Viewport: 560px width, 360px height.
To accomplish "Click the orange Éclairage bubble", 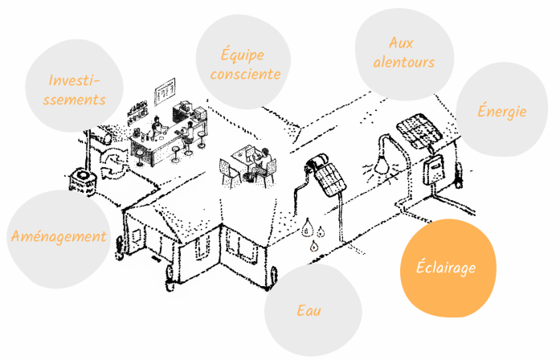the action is pos(448,268).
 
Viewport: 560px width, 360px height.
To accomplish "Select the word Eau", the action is pos(309,310).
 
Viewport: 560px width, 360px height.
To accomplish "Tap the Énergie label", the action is pos(502,110).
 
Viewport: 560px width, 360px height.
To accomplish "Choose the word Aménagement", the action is pos(59,236).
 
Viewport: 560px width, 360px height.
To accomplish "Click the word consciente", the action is pos(245,74).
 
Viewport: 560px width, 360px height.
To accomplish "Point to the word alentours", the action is pos(404,62).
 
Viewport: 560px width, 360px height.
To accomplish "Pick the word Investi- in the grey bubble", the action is pos(74,80).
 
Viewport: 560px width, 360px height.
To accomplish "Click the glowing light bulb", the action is pos(382,165).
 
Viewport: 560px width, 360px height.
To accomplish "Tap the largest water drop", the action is pos(307,227).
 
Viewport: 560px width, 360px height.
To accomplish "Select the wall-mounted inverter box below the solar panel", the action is pos(435,170).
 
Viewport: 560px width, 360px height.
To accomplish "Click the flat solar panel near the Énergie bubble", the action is pos(419,131).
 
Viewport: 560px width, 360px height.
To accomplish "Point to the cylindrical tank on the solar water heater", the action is pos(317,161).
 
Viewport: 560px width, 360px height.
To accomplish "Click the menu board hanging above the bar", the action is pos(165,92).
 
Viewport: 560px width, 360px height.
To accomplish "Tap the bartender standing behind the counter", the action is pos(157,128).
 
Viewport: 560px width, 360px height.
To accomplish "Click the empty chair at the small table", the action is pos(228,173).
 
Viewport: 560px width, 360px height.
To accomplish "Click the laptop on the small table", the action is pos(249,153).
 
